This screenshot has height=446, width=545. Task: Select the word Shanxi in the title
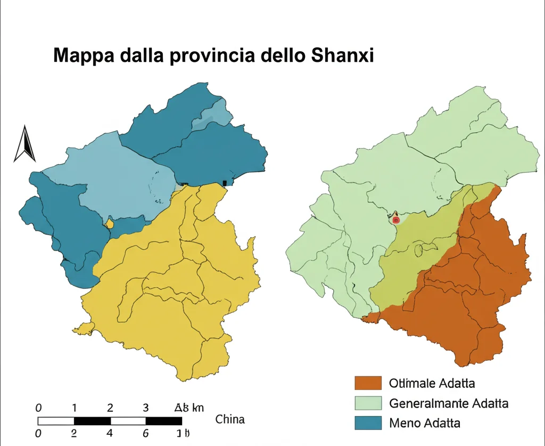pos(344,55)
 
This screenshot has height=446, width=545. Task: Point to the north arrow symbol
pos(24,143)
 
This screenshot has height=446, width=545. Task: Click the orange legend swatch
pos(368,383)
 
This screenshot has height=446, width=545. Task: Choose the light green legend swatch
pos(368,403)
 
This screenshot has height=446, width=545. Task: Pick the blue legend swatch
pos(368,423)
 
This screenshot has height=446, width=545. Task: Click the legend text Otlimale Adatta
pos(432,383)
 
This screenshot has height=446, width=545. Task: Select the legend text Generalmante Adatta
pos(449,403)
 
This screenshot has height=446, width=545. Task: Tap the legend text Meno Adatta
pos(425,423)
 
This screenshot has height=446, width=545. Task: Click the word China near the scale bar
pos(230,419)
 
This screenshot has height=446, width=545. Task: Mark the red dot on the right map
pos(395,219)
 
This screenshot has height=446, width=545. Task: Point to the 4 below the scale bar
pos(110,433)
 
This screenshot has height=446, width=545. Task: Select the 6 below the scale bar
pos(145,433)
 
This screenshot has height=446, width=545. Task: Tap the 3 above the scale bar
pos(145,409)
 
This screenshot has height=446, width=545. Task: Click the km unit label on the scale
pos(197,409)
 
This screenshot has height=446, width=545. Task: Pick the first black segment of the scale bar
pos(92,421)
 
